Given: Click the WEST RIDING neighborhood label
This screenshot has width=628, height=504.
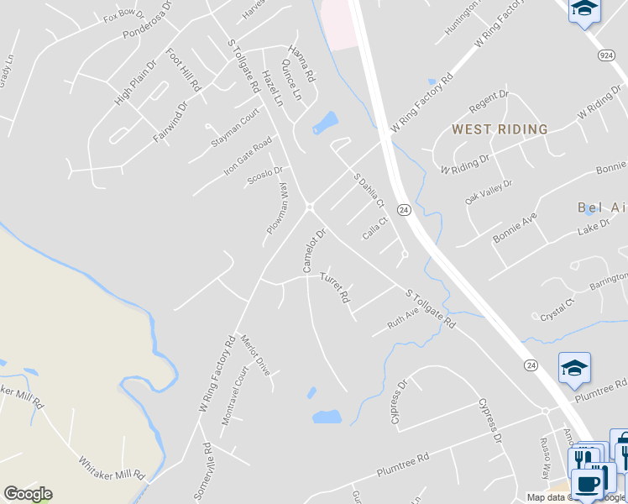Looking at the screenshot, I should [500, 129].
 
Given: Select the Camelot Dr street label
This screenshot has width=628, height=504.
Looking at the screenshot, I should [313, 250].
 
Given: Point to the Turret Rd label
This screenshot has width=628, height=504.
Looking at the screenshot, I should [334, 287].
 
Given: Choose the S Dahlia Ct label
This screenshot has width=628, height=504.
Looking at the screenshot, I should [369, 192].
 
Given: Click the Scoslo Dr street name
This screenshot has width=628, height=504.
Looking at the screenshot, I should [265, 176].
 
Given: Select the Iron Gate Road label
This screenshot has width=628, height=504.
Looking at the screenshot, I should [248, 155].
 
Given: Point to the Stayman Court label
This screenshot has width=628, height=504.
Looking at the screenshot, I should [236, 129].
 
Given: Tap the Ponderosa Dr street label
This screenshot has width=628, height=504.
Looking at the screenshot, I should [147, 24].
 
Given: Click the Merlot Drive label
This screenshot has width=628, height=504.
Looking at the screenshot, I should [255, 354].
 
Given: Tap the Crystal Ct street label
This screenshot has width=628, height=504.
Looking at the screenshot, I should [557, 307].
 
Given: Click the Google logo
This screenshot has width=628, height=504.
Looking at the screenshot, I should [28, 494].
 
